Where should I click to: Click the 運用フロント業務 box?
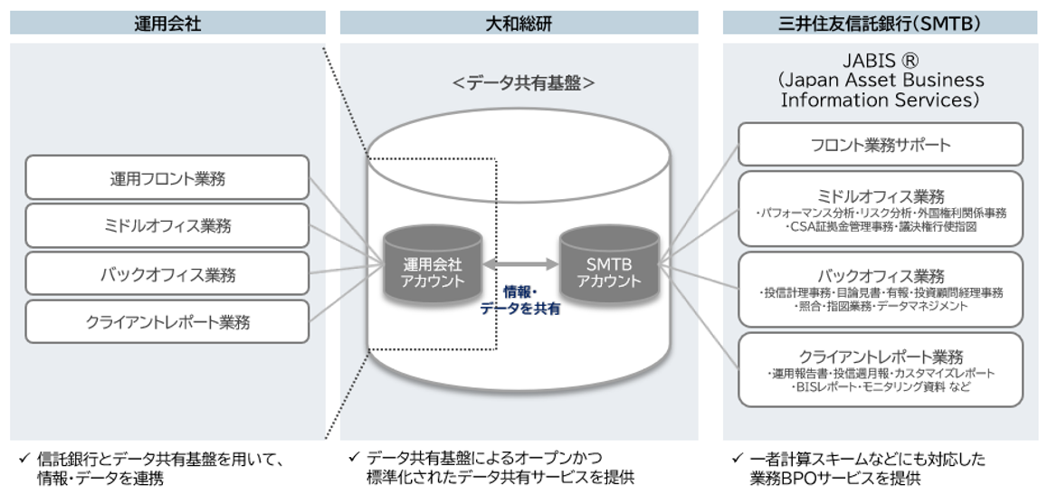(x=167, y=177)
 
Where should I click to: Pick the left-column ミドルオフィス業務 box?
(x=167, y=225)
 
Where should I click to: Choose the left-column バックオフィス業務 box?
(x=167, y=273)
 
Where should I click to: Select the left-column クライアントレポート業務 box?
(x=167, y=321)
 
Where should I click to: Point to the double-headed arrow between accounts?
(x=520, y=263)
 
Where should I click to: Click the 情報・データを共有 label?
(x=519, y=300)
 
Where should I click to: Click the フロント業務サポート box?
(x=880, y=145)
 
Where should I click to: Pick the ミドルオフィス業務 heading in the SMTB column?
(x=880, y=196)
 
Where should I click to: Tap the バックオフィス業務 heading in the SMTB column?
(x=880, y=276)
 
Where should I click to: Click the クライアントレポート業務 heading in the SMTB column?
(x=880, y=356)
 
